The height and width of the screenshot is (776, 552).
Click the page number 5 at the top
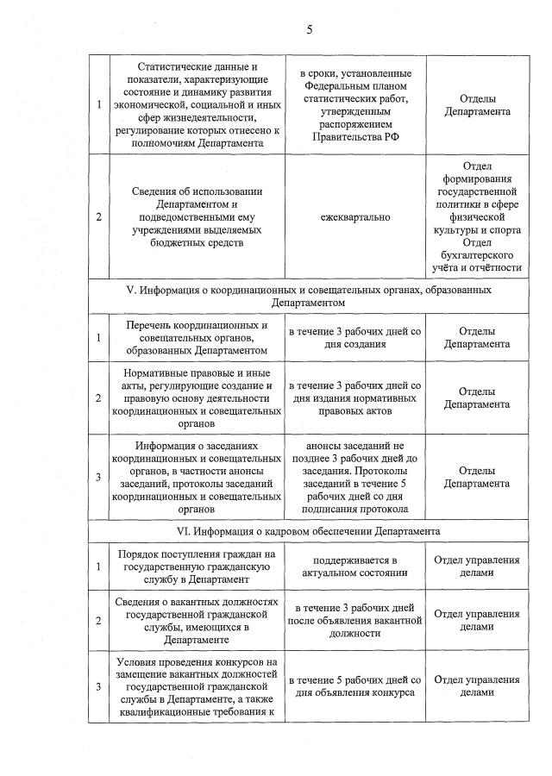(309, 29)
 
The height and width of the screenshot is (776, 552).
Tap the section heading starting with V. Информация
(308, 290)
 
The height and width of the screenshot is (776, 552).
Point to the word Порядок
(141, 552)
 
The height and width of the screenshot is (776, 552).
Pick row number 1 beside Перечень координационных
(98, 338)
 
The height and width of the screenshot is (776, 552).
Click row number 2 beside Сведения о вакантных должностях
(98, 621)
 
